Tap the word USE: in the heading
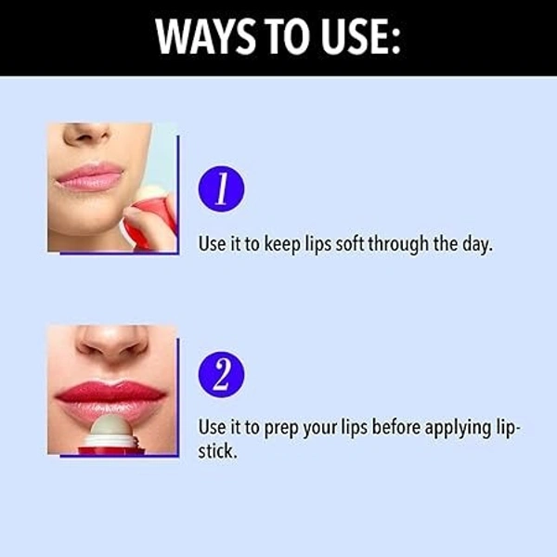(361, 37)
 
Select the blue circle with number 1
(221, 189)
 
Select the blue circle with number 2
(221, 374)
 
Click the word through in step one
(398, 244)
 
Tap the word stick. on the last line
(217, 451)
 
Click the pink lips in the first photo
(89, 176)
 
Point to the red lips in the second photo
(110, 399)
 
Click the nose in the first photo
(87, 133)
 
